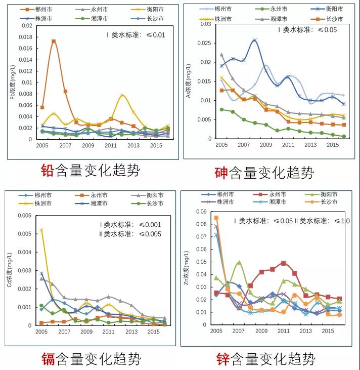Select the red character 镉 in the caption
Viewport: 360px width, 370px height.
point(49,359)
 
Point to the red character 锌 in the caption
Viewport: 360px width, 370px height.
point(223,359)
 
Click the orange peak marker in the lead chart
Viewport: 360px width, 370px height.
point(54,42)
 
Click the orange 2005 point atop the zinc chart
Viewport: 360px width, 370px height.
point(216,218)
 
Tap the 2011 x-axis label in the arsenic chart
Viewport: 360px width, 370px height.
point(288,145)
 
